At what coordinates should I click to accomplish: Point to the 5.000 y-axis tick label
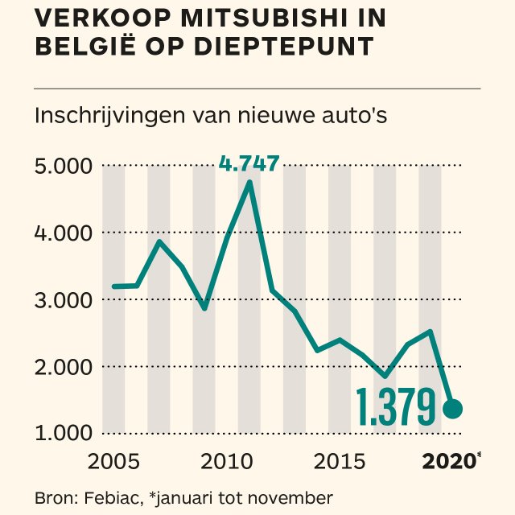[64, 167]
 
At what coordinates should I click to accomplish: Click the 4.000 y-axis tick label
[64, 233]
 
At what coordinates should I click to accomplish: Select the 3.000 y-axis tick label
[64, 299]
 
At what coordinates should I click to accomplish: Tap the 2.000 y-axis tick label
[64, 366]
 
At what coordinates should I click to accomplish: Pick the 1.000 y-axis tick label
[64, 433]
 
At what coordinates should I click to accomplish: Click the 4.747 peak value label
[249, 165]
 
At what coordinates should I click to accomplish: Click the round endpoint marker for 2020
[452, 409]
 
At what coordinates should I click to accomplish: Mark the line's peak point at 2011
[249, 183]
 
